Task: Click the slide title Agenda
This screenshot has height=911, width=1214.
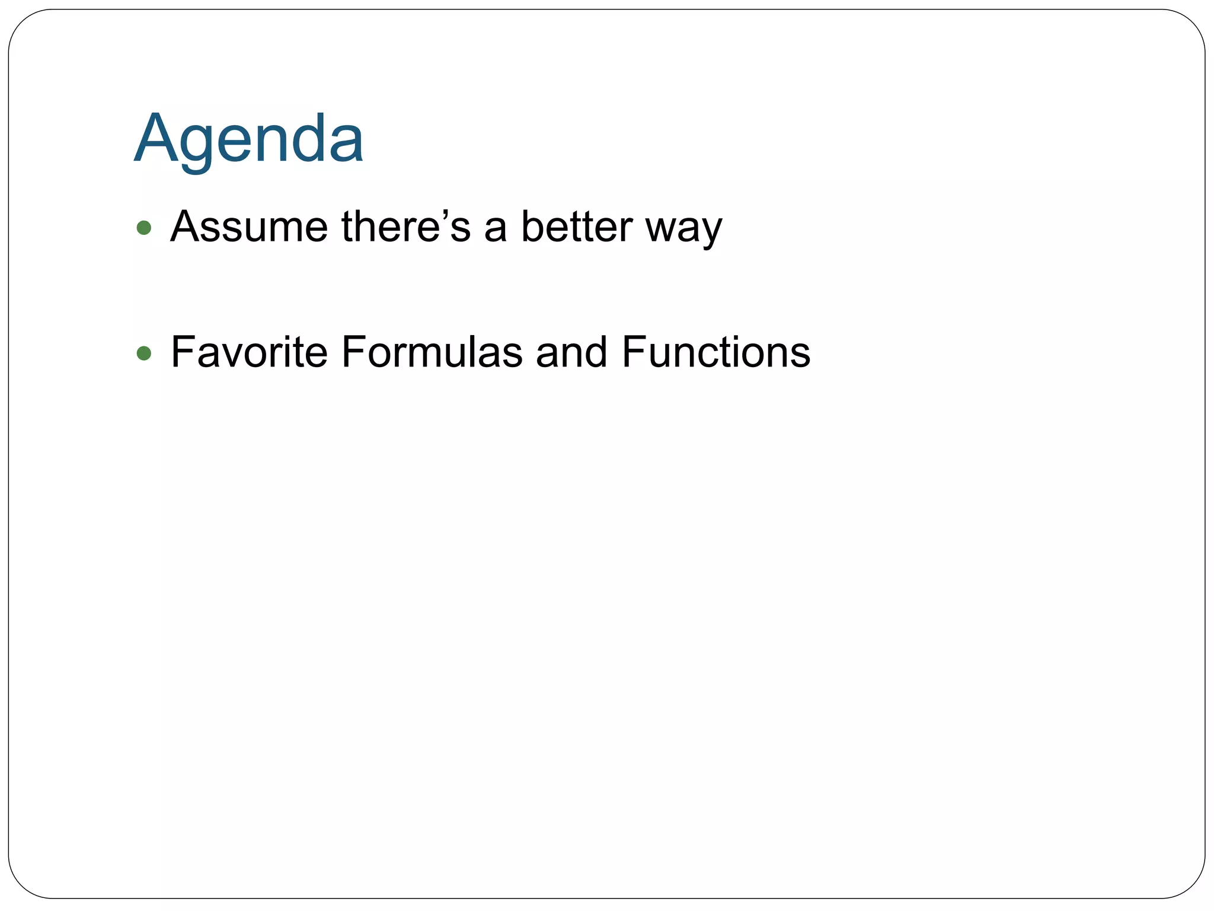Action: (249, 139)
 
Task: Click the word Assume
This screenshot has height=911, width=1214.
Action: (248, 227)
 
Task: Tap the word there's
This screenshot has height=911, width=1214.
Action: (405, 227)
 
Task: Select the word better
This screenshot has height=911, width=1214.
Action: (576, 227)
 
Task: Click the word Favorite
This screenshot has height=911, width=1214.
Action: (249, 352)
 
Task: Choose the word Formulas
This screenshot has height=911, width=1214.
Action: (432, 352)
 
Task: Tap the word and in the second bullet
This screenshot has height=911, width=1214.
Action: (571, 352)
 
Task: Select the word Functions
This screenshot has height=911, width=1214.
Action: (715, 352)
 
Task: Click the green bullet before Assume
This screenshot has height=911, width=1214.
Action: (143, 228)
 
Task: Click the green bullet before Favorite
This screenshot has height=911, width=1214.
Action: (143, 353)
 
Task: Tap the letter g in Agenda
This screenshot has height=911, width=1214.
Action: (197, 145)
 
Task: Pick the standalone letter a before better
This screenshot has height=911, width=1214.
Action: (496, 230)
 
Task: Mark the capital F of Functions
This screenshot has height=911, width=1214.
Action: (633, 352)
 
